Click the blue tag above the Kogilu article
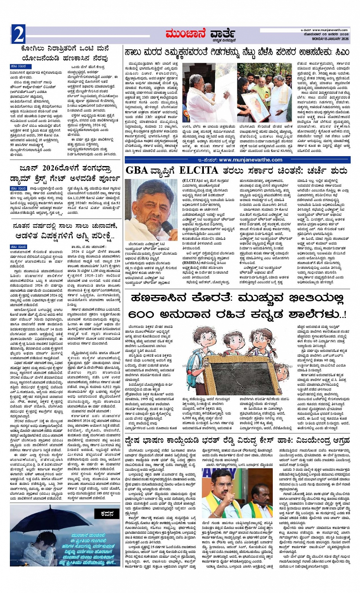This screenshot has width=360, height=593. point(18,66)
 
